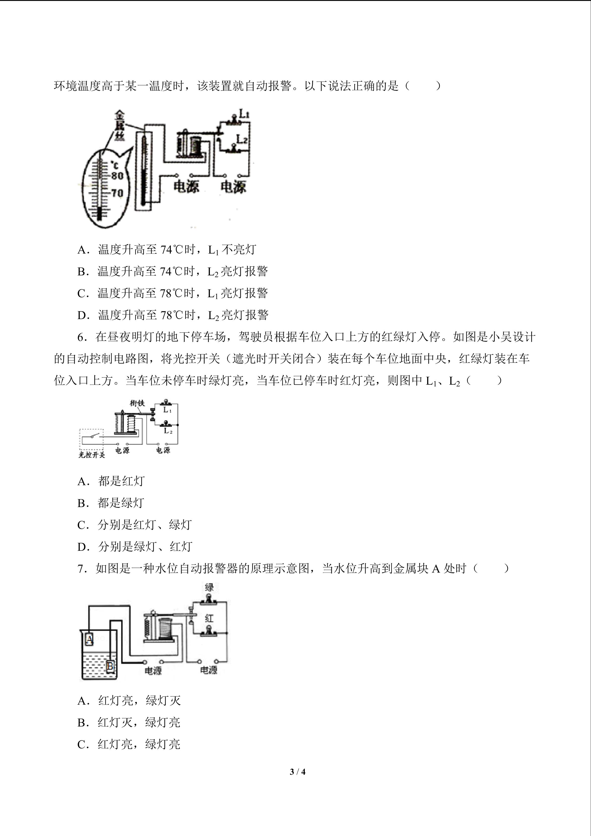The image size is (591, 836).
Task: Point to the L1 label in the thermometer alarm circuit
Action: click(243, 113)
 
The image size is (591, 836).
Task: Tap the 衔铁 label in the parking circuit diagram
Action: click(138, 403)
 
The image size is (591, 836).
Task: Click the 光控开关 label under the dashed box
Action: click(92, 455)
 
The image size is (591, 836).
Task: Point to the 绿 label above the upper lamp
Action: click(209, 587)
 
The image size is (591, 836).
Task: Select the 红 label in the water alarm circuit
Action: click(209, 618)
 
